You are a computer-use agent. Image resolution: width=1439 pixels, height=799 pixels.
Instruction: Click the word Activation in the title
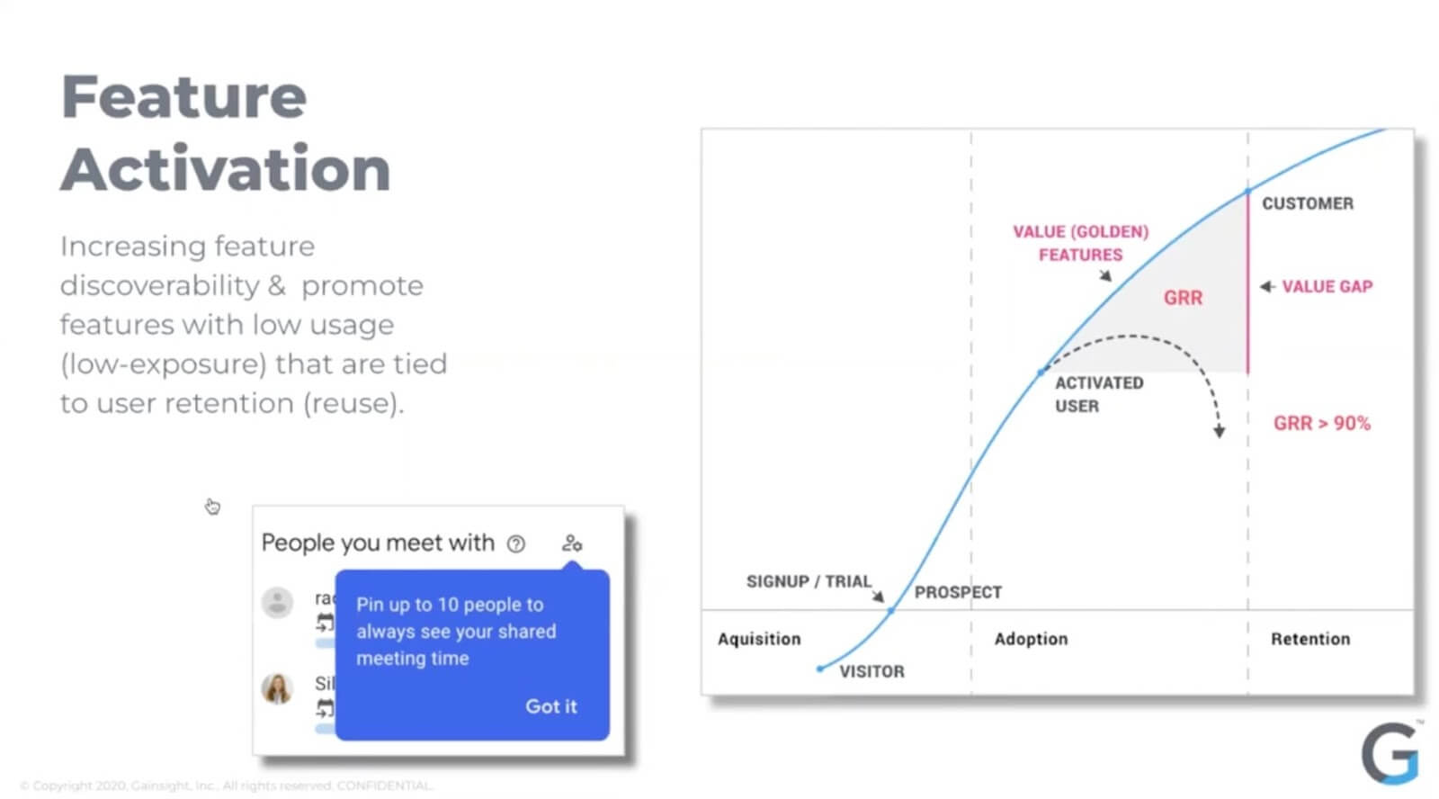[x=226, y=169]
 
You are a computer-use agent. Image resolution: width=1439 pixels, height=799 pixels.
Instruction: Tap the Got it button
[x=550, y=706]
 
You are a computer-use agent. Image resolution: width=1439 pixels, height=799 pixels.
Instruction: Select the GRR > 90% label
[x=1321, y=423]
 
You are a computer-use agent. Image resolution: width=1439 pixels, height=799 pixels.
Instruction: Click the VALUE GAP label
[x=1327, y=286]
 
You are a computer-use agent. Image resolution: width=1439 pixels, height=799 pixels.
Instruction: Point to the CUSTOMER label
[x=1307, y=203]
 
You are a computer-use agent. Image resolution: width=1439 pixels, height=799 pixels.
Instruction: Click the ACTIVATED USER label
[x=1098, y=394]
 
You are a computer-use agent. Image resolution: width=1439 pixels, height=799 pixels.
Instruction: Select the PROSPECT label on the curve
[x=958, y=592]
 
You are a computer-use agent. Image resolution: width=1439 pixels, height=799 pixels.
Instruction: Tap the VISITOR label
[x=871, y=671]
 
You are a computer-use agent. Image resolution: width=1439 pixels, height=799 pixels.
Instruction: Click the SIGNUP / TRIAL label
[x=809, y=581]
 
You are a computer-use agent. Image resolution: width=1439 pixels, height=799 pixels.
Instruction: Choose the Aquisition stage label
[x=759, y=639]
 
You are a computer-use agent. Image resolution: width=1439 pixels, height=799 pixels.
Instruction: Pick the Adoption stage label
[x=1031, y=639]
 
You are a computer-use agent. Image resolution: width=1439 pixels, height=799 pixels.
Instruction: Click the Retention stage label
[x=1309, y=639]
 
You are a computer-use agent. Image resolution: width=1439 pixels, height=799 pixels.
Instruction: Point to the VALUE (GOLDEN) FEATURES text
[x=1080, y=243]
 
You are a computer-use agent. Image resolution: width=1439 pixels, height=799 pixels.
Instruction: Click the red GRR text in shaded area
[x=1183, y=298]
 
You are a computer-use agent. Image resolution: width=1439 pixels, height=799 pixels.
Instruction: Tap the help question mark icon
[x=516, y=543]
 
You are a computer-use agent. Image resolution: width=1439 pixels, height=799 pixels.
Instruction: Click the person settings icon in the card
[x=572, y=543]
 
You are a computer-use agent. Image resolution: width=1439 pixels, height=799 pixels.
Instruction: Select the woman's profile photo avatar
[x=277, y=688]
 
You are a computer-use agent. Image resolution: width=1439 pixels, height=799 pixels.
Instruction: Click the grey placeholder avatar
[x=277, y=602]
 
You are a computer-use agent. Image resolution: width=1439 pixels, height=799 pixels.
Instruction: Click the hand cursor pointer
[x=212, y=507]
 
